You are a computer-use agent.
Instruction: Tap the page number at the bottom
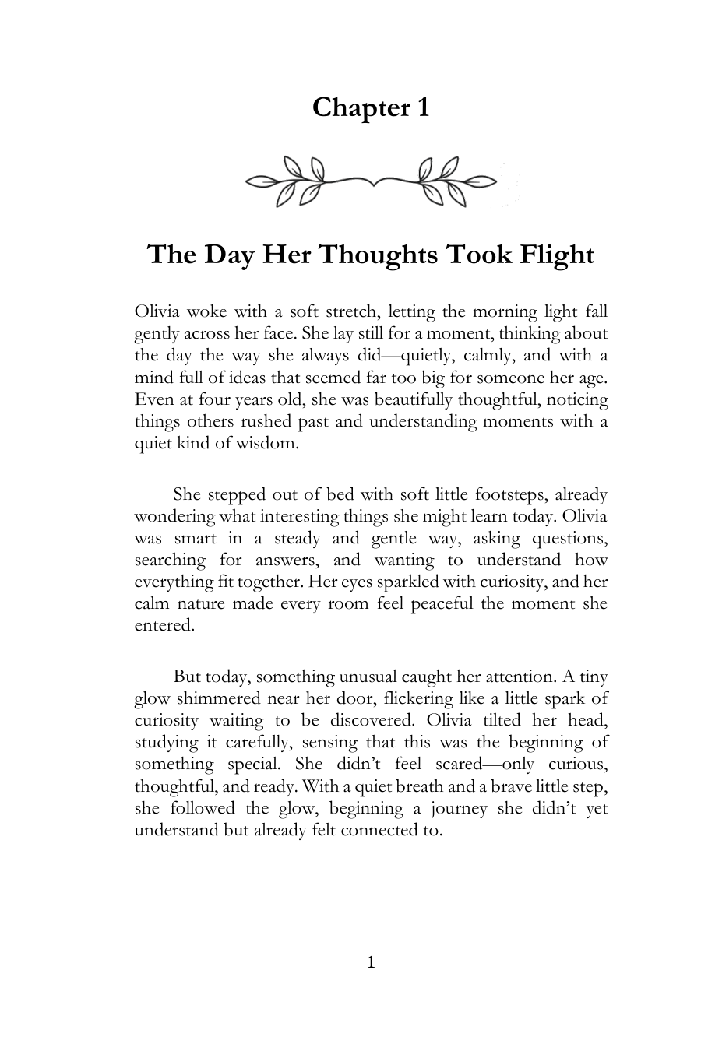(x=371, y=963)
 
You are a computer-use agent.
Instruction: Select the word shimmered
(x=214, y=698)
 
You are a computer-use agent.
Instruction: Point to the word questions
(x=569, y=538)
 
